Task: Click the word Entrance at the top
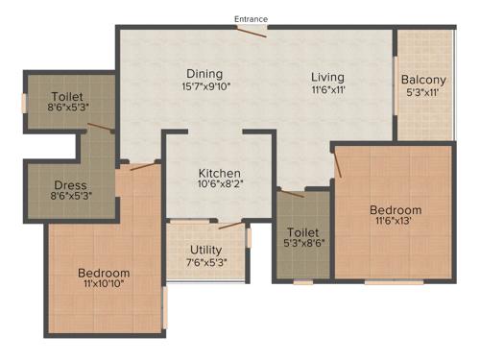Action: point(252,18)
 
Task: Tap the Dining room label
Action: point(204,74)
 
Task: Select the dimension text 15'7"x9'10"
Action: point(204,87)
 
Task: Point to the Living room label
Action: point(327,77)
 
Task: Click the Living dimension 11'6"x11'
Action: point(327,90)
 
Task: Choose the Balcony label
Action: point(421,80)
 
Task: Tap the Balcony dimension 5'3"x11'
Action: point(421,93)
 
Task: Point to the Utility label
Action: point(205,251)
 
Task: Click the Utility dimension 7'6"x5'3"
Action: point(205,264)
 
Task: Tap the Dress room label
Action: point(70,185)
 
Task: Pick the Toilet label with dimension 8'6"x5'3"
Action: point(68,97)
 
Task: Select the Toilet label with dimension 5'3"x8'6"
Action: point(303,231)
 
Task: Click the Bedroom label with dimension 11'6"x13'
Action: point(396,210)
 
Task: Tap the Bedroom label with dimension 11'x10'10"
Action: point(104,274)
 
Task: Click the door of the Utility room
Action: point(230,227)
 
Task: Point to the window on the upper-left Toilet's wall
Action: point(24,101)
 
